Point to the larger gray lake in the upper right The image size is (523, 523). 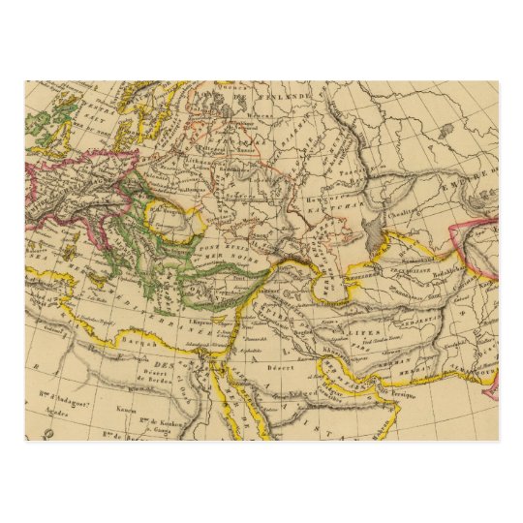point(445,131)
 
